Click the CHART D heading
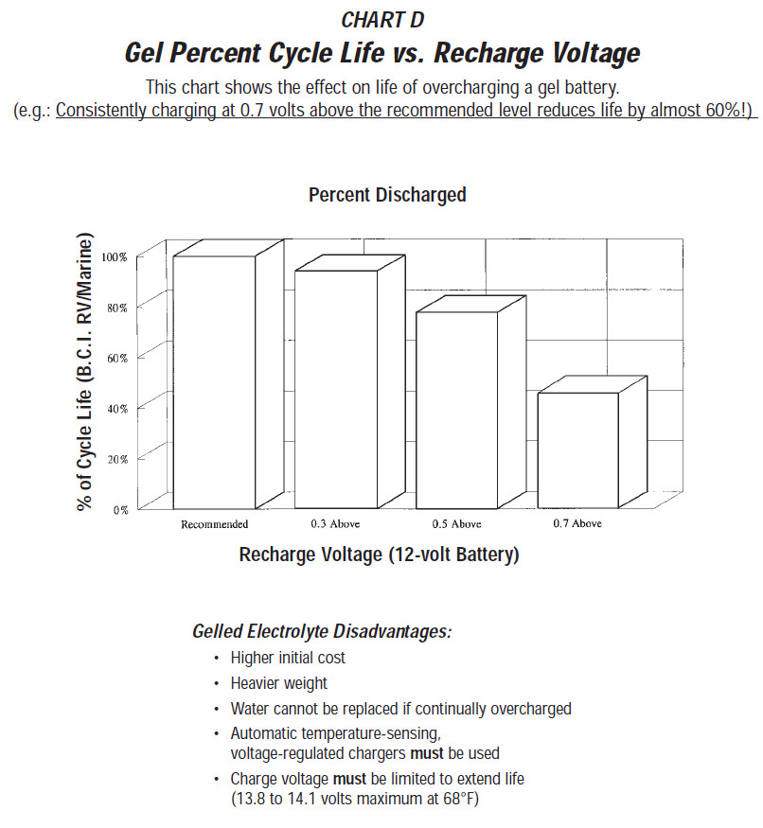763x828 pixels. coord(382,20)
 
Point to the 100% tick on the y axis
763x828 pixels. coord(115,257)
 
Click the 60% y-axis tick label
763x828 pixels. coord(117,358)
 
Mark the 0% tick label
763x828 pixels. coord(120,510)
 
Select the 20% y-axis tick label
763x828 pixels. coord(117,459)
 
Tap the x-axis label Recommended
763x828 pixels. coord(215,524)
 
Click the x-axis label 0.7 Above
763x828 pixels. coord(577,523)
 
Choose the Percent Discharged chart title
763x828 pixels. coord(387,195)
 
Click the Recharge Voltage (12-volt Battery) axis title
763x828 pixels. coord(380,555)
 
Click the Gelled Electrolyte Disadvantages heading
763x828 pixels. coord(322,631)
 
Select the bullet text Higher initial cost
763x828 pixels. coord(288,658)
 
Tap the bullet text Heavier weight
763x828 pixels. coord(279,683)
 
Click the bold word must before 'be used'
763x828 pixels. coord(426,753)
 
